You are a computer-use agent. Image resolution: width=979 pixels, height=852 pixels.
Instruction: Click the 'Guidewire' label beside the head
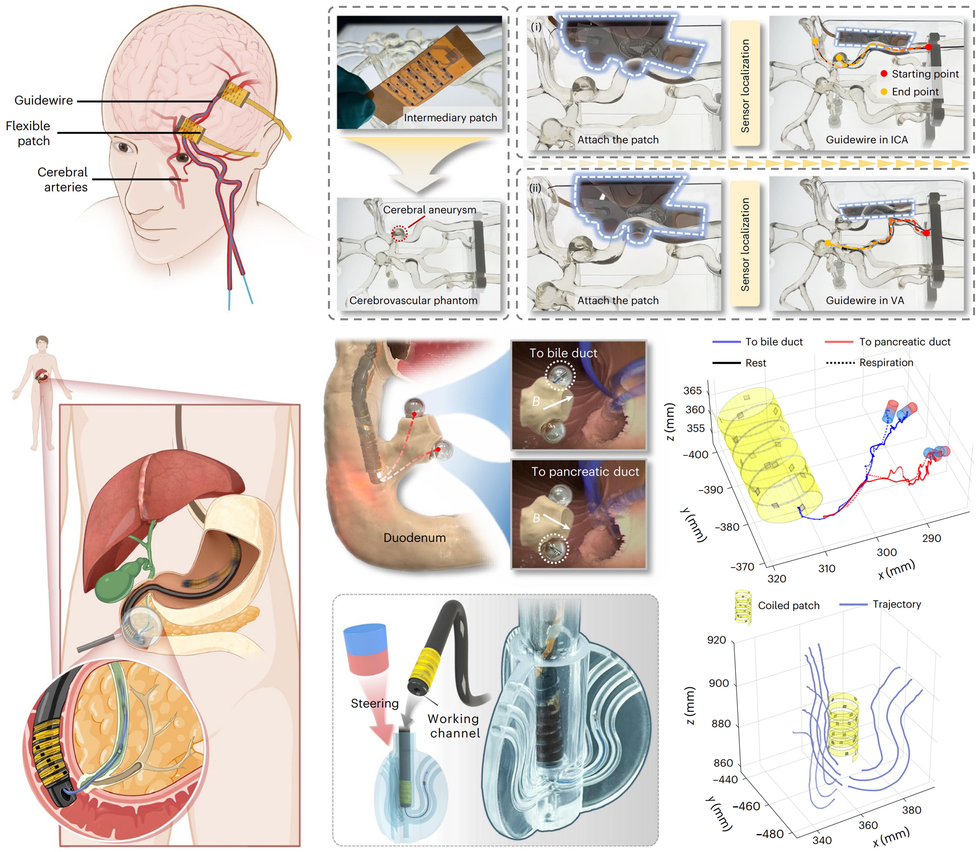click(x=44, y=100)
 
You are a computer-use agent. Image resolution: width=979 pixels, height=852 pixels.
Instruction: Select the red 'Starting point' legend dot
click(x=884, y=74)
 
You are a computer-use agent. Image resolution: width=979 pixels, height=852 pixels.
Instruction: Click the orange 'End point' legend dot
click(x=884, y=92)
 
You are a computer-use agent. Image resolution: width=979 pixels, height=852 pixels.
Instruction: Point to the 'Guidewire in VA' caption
click(x=865, y=300)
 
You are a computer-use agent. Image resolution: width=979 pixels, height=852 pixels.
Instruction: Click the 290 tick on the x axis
click(x=931, y=538)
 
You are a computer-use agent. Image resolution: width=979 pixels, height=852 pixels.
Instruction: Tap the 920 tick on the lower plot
click(x=716, y=640)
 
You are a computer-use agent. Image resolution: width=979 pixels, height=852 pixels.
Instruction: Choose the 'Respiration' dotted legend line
click(x=840, y=363)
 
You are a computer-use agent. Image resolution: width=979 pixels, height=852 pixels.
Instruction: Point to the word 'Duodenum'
click(x=414, y=538)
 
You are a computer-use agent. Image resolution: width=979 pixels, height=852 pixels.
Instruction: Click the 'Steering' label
click(x=374, y=703)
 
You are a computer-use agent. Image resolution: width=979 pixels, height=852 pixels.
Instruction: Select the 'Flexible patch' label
click(x=29, y=133)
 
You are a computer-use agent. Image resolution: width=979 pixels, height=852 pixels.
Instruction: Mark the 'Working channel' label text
click(x=454, y=726)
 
